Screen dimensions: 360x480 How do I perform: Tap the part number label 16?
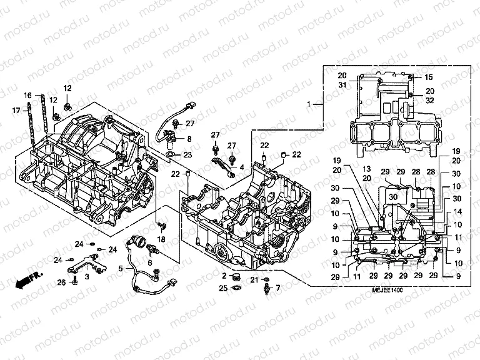[27, 95]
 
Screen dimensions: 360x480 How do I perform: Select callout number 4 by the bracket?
[242, 167]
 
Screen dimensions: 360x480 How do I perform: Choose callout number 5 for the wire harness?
[121, 269]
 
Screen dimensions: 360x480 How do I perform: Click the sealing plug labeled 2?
[236, 276]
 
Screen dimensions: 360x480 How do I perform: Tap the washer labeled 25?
[237, 288]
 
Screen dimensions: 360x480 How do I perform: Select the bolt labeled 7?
[268, 289]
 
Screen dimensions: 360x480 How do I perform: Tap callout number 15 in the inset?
[429, 77]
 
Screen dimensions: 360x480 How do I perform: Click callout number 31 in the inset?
[342, 85]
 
